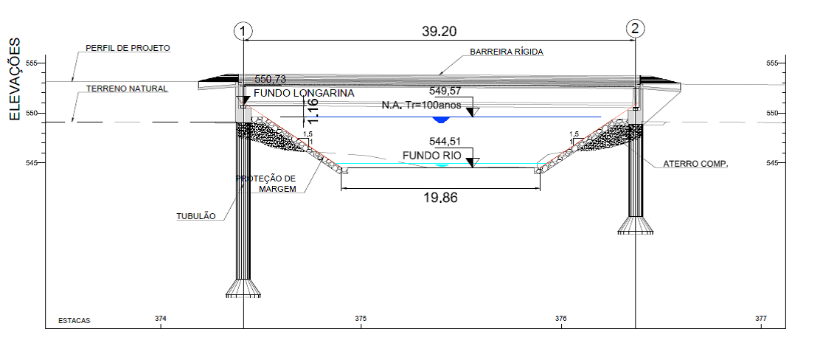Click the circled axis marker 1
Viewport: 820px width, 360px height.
[243, 31]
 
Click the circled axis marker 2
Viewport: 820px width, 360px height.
[636, 29]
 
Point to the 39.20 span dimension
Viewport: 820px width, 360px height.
[439, 32]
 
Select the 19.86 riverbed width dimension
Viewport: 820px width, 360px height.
[439, 197]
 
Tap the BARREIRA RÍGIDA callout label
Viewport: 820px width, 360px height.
[507, 52]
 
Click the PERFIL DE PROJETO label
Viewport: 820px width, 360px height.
[128, 48]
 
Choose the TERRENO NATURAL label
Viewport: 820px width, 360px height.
[127, 89]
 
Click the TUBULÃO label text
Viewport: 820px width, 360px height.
[196, 216]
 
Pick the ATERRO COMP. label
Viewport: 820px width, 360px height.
[695, 164]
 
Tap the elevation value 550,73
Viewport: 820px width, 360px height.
[271, 79]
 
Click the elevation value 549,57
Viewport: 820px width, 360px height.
[445, 91]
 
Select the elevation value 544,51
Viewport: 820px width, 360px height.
[445, 142]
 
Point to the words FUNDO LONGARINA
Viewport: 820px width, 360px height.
[304, 93]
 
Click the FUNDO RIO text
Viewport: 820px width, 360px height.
[432, 156]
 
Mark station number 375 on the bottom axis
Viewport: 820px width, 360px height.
[361, 318]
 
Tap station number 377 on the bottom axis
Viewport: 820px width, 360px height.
[761, 318]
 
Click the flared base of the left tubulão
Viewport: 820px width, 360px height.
[243, 288]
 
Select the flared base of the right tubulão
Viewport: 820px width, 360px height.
[635, 225]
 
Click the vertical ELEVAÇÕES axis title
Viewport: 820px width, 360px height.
[15, 79]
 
